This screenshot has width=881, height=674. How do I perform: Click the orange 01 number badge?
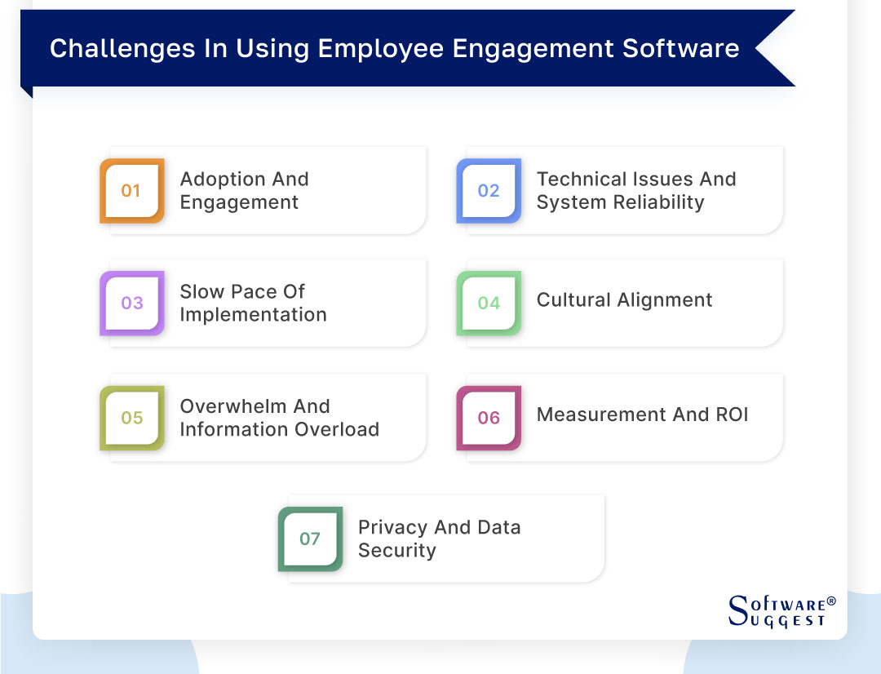pos(131,191)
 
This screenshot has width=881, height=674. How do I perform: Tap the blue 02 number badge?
pos(489,191)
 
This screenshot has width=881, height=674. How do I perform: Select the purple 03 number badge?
pos(131,304)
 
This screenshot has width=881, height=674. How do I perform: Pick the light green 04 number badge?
pos(489,304)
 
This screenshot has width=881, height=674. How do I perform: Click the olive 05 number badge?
pos(131,418)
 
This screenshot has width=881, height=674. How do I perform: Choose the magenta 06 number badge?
pos(489,418)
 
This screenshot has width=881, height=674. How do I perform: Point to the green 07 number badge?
pos(310,539)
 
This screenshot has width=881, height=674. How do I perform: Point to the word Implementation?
pos(253,315)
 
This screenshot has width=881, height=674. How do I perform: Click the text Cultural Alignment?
pos(624,300)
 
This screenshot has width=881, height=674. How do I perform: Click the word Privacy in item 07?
pos(393,527)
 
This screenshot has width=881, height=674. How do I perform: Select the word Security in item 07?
pos(396,551)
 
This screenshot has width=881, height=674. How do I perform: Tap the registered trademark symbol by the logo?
pos(831,601)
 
